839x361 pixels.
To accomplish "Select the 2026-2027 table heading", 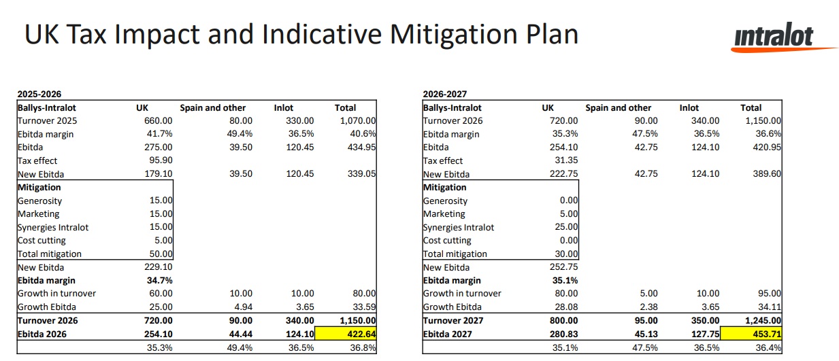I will [445, 94].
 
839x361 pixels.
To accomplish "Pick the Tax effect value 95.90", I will [160, 160].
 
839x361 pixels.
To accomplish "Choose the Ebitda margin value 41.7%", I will [160, 134].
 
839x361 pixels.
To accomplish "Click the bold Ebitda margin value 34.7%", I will [161, 280].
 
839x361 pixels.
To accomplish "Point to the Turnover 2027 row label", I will [453, 320].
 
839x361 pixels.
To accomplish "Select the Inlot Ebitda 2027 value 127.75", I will [705, 334].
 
